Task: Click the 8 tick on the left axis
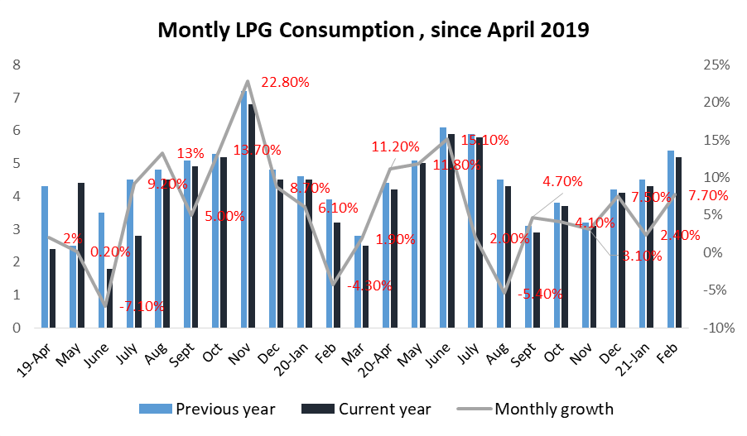point(16,65)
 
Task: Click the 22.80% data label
point(285,82)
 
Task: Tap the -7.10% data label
point(142,306)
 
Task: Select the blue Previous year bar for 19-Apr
point(44,256)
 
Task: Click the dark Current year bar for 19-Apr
point(52,288)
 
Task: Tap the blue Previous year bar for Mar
point(357,281)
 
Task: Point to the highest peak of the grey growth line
point(248,81)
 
